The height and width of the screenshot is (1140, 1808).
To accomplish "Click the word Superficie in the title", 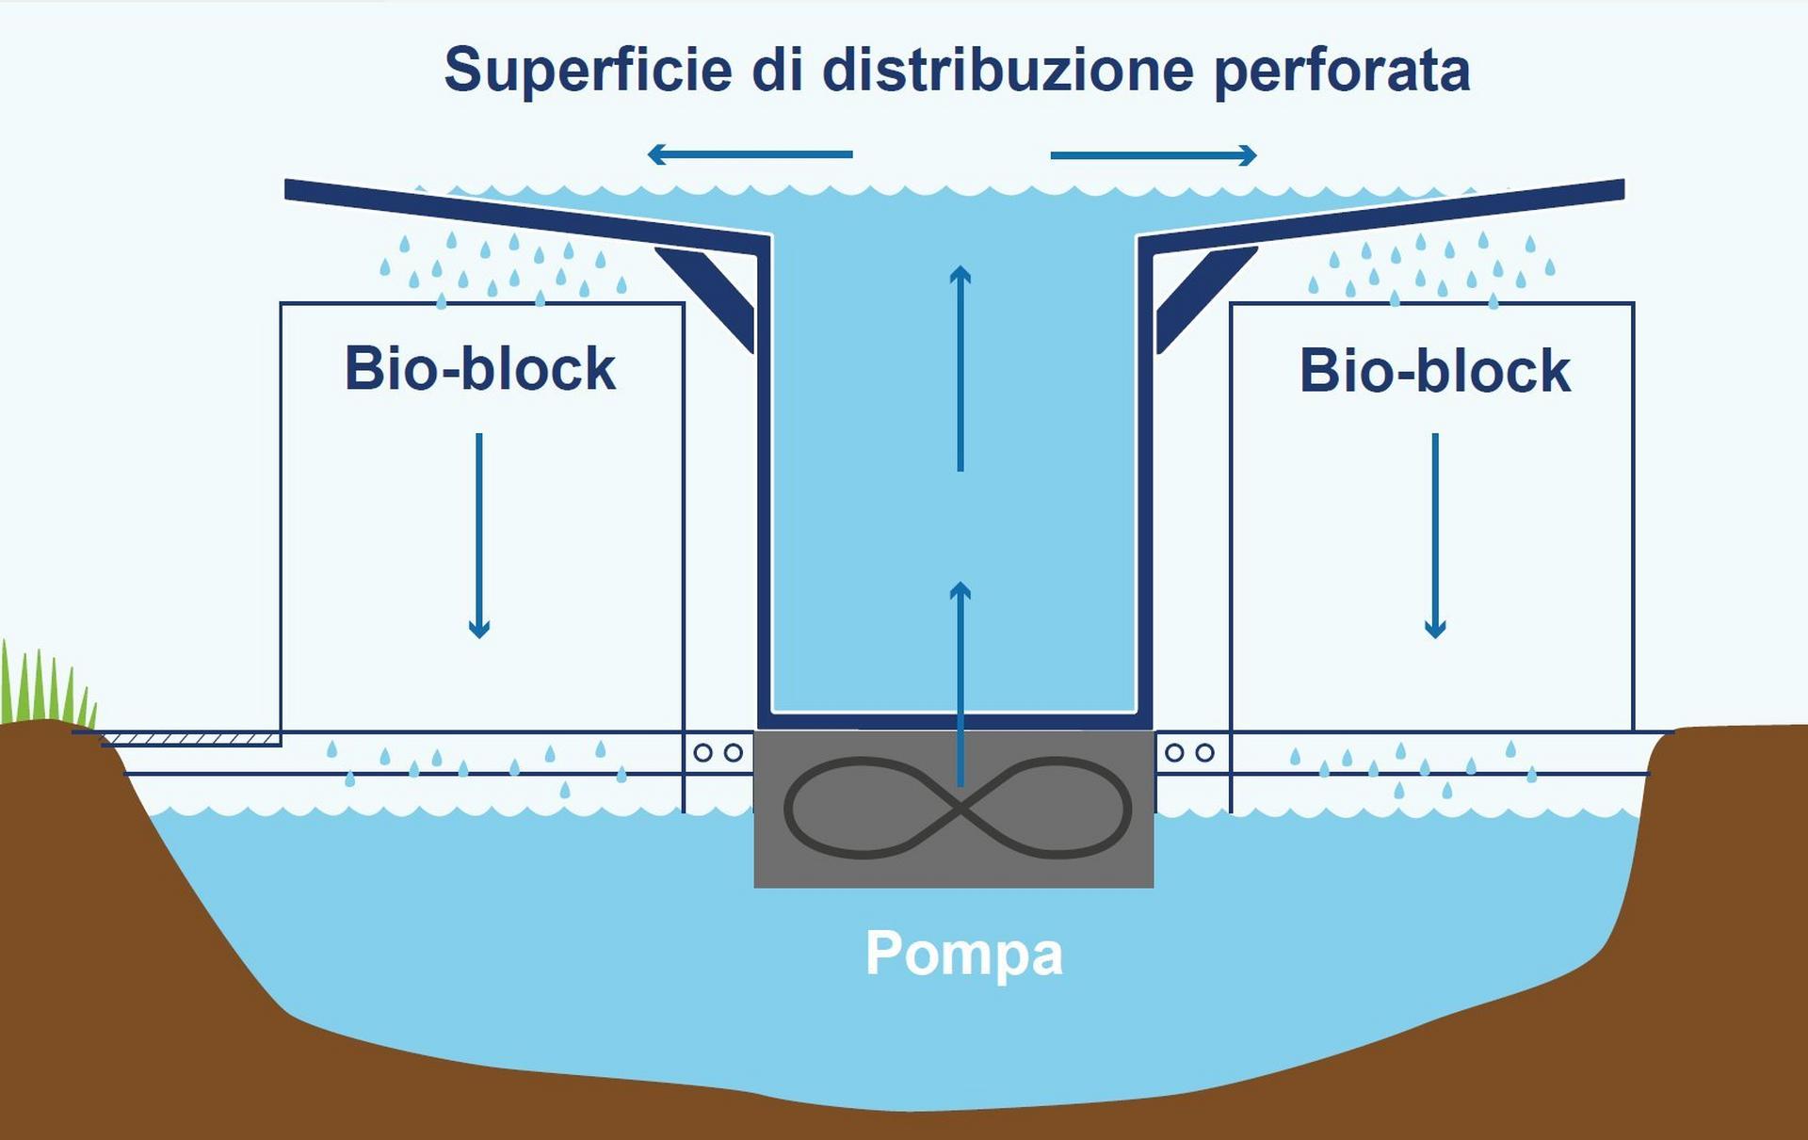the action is click(588, 71).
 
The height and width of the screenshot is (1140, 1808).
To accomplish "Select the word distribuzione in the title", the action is click(1009, 70).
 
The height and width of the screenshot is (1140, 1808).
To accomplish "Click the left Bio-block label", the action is click(480, 368).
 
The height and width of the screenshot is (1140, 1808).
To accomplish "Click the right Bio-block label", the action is click(1435, 370).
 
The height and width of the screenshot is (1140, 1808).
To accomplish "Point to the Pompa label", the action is click(964, 955).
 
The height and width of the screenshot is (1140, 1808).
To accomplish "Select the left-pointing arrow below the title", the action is click(751, 153).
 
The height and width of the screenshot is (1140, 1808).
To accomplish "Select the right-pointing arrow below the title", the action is click(1154, 155).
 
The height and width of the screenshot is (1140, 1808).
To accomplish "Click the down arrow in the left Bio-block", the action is click(479, 536).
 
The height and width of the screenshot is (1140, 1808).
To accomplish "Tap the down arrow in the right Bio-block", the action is click(1435, 536).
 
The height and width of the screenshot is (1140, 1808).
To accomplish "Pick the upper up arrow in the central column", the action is click(960, 368).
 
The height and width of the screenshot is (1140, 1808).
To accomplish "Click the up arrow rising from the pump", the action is click(960, 683).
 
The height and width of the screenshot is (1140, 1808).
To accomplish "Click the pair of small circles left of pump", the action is click(718, 753).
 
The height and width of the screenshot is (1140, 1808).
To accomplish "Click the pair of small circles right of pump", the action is click(1189, 753).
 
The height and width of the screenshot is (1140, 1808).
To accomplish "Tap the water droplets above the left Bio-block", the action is click(504, 268).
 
